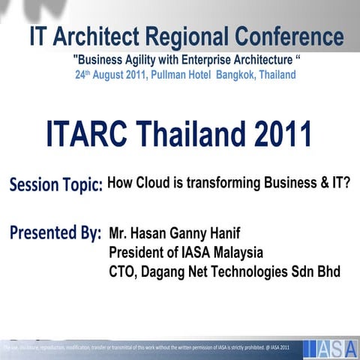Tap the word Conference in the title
coord(289,36)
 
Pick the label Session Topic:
coord(56,184)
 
